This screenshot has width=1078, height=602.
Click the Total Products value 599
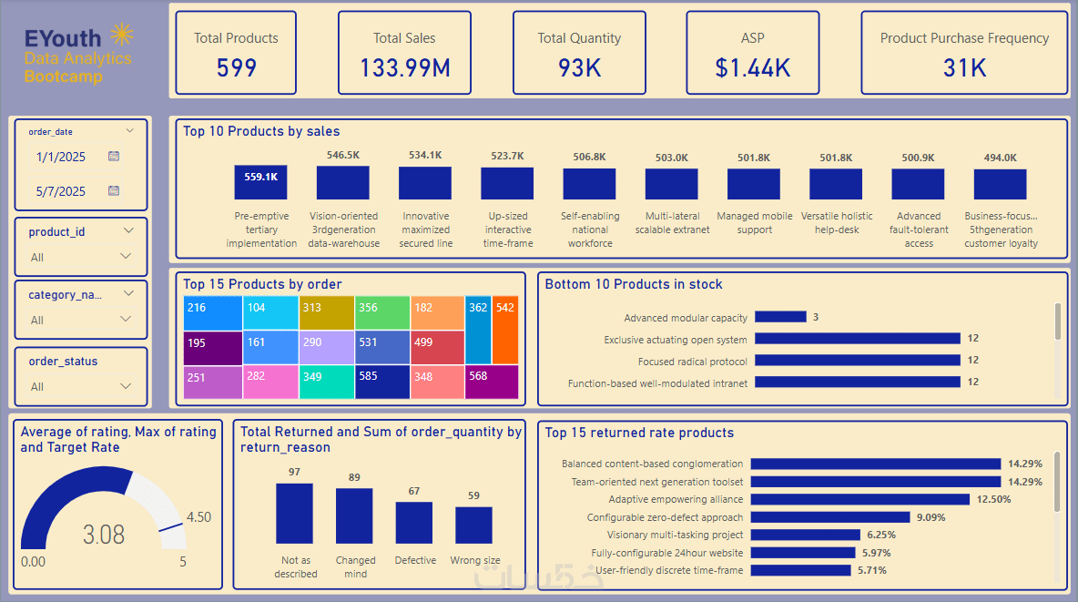(236, 67)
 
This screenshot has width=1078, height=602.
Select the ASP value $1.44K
(752, 67)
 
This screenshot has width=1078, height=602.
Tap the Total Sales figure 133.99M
(404, 67)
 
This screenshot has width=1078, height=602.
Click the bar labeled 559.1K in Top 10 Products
(260, 182)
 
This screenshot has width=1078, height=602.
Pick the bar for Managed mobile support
(754, 184)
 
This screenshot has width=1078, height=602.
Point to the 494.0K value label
(1000, 158)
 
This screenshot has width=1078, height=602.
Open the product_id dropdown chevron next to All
(126, 257)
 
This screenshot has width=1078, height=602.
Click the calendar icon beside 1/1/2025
(114, 157)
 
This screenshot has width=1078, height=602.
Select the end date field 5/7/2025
(61, 191)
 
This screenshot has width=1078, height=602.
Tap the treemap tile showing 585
(382, 382)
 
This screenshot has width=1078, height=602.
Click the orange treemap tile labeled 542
(505, 329)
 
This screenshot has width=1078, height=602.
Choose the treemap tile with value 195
(213, 347)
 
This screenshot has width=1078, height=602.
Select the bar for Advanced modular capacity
(781, 317)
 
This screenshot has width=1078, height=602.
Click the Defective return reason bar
(414, 523)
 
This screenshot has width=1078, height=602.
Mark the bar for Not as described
(294, 514)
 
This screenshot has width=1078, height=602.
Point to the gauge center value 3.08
(104, 534)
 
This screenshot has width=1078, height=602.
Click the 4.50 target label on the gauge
(198, 517)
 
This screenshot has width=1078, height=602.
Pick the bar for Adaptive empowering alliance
(860, 499)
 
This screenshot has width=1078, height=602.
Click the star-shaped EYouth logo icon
(121, 36)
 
